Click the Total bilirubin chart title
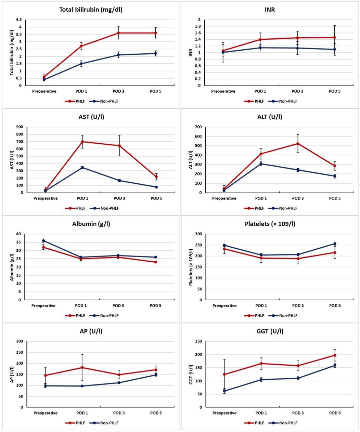point(91,10)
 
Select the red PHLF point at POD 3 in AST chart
point(119,146)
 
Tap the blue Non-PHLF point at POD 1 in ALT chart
point(261,163)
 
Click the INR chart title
point(270,10)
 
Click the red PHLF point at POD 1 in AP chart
point(82,367)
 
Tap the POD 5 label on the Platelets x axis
point(335,306)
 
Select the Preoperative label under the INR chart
point(223,91)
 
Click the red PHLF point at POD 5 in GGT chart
point(335,355)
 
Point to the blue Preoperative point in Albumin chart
point(43,241)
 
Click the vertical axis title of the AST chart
point(12,160)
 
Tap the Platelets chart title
point(270,224)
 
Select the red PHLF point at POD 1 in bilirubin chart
point(81,46)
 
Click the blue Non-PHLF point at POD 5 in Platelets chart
point(335,244)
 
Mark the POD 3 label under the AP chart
point(119,413)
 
